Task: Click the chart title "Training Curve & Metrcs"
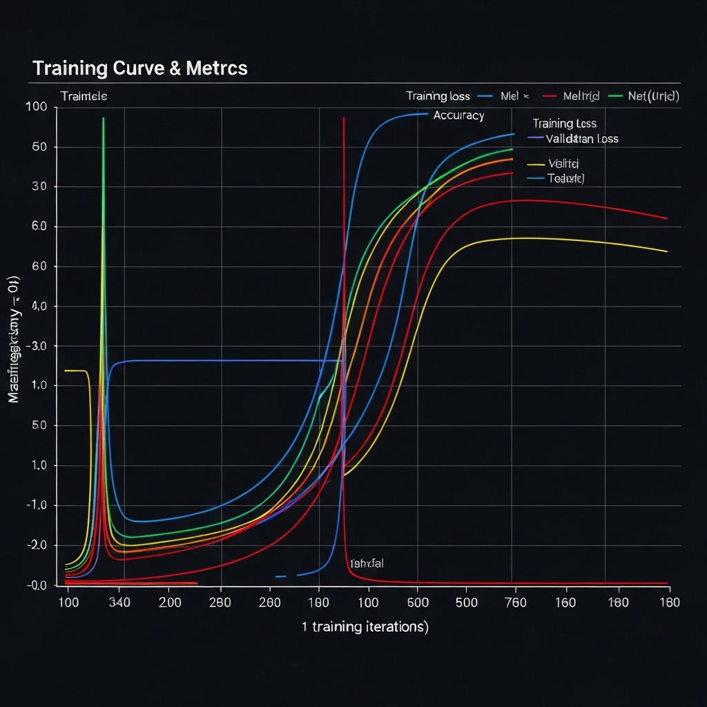pos(139,68)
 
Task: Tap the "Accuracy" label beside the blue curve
pos(458,115)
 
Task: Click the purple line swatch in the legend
pos(535,138)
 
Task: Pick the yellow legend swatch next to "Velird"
pos(536,164)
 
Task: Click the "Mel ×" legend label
pos(514,96)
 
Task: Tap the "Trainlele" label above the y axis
pos(84,96)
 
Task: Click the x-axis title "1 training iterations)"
pos(365,627)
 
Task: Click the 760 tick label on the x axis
pos(512,602)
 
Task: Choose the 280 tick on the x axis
pos(220,602)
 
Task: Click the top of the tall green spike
pos(103,119)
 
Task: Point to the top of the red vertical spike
pos(343,119)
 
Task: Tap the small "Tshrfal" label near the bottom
pos(367,563)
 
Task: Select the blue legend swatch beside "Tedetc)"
pos(536,178)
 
